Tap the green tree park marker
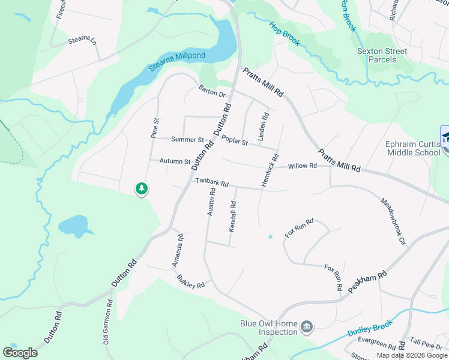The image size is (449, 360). pyautogui.click(x=142, y=189)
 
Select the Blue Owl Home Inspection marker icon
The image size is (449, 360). pyautogui.click(x=307, y=327)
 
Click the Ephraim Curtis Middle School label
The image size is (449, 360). pyautogui.click(x=412, y=148)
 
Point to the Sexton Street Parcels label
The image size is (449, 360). pyautogui.click(x=382, y=55)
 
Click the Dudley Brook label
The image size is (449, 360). pyautogui.click(x=369, y=329)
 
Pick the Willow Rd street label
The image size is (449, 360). pyautogui.click(x=302, y=166)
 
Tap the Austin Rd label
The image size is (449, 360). pyautogui.click(x=211, y=202)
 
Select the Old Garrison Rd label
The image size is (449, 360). pyautogui.click(x=107, y=322)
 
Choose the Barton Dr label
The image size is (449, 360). pyautogui.click(x=212, y=91)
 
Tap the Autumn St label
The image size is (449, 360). pyautogui.click(x=175, y=161)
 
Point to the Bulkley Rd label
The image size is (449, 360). pyautogui.click(x=191, y=281)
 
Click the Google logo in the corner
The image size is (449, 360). pyautogui.click(x=20, y=353)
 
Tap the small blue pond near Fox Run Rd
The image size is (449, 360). pyautogui.click(x=270, y=237)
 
